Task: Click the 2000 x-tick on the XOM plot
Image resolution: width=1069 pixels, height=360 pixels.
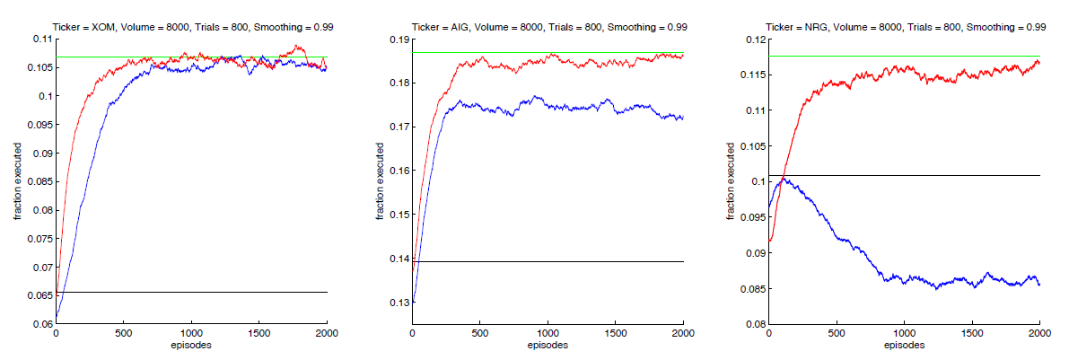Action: (x=327, y=333)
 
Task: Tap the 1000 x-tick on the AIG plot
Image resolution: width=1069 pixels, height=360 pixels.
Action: (x=548, y=333)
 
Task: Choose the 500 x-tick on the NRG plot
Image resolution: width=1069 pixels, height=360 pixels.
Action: (x=836, y=333)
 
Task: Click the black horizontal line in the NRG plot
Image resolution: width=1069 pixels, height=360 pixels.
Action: (x=942, y=175)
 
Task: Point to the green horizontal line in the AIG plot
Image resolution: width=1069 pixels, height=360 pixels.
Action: (x=583, y=53)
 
